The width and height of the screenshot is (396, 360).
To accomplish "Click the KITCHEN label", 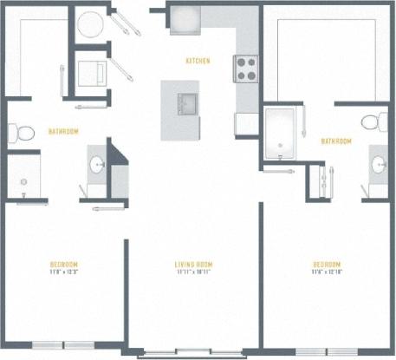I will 198,61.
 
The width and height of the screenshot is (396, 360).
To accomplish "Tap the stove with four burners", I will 245,68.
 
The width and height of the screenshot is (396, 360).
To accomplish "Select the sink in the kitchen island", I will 184,105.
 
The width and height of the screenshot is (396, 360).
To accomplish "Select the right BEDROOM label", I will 326,264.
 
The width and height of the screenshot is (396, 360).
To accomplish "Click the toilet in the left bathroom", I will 22,133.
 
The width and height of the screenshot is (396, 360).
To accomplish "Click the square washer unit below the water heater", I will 90,72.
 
